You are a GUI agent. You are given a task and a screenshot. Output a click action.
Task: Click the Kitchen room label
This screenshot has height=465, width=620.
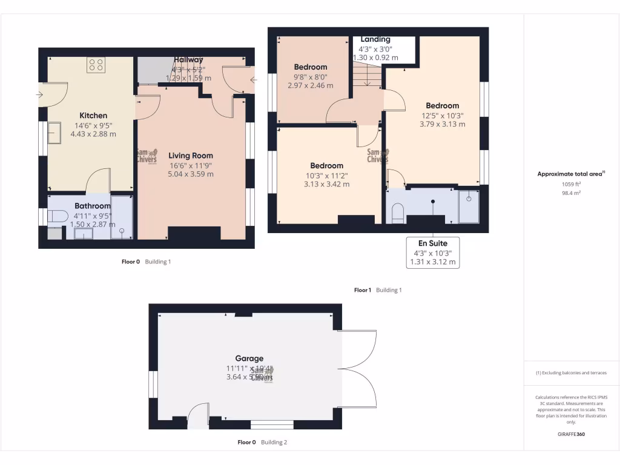[x=93, y=116]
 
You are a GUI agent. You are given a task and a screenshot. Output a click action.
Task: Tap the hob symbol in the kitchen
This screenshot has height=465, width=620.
[x=96, y=64]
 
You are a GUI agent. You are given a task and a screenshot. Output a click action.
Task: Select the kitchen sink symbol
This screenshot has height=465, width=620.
[x=54, y=133]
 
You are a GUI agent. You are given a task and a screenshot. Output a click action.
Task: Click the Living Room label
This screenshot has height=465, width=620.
[x=191, y=156]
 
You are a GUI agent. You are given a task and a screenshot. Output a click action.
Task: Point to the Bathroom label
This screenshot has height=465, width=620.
[x=93, y=206]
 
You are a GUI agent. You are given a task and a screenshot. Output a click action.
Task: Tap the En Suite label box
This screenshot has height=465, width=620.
[x=433, y=252]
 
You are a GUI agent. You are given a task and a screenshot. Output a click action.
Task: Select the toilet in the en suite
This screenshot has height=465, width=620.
[x=398, y=212]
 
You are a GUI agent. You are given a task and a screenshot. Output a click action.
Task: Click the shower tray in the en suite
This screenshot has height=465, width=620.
[x=469, y=206]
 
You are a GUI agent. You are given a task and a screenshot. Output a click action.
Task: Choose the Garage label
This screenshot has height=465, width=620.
[x=249, y=358]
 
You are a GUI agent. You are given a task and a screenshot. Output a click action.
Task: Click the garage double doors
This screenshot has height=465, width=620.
[x=358, y=369]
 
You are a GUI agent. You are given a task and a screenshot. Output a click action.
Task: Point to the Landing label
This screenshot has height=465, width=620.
[x=375, y=39]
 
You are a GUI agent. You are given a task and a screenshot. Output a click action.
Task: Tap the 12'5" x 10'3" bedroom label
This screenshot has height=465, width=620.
[x=442, y=105]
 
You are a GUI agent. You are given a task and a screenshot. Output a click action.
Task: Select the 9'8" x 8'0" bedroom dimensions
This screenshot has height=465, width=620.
[x=310, y=82]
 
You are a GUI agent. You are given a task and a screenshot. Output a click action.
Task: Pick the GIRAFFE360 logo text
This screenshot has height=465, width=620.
[x=571, y=434]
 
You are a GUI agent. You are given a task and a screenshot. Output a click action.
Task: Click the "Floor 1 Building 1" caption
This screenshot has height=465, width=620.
[x=378, y=290]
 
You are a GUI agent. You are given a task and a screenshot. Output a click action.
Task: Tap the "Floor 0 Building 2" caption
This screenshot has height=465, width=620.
[x=262, y=442]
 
